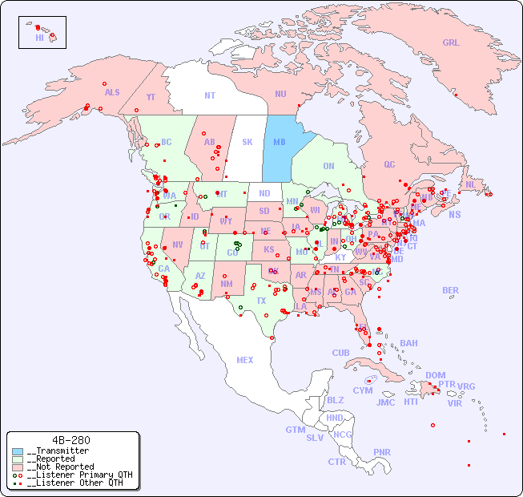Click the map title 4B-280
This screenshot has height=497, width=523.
70,440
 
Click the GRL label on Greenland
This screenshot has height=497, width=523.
451,43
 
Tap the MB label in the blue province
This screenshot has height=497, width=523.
280,142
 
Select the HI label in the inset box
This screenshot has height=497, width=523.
39,38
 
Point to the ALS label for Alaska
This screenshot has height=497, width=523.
112,92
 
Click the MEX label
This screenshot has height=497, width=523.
245,360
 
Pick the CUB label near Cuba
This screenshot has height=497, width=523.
340,353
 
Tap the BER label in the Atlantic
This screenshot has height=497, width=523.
450,290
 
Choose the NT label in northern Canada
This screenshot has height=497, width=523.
210,95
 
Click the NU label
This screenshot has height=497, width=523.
280,94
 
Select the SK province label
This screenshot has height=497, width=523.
247,142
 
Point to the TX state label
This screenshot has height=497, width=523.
261,301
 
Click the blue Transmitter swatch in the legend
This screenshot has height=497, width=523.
18,451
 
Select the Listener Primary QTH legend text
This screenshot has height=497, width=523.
79,475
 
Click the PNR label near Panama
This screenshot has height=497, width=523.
382,452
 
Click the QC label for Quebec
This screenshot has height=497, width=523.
389,164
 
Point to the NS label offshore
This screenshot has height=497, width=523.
454,215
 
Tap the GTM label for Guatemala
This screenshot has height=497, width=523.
295,430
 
